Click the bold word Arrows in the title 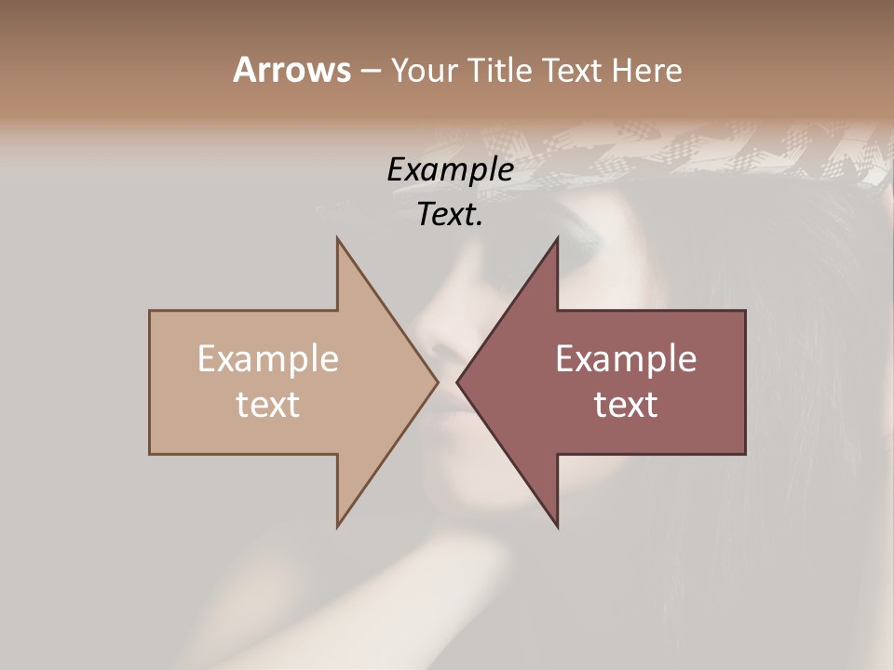291,70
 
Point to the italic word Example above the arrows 450,170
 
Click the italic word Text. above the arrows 450,215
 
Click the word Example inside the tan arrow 268,359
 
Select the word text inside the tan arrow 268,405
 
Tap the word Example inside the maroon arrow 626,359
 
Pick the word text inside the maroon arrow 626,405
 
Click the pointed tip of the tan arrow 437,382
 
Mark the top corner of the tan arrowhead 338,239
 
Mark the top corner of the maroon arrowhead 557,239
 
